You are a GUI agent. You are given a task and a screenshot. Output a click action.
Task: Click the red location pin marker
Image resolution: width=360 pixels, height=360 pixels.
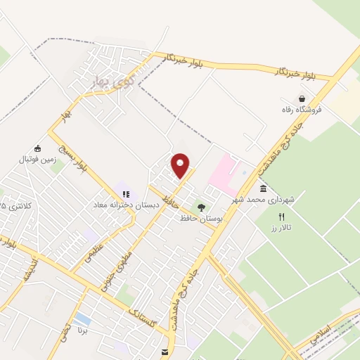(x=181, y=166)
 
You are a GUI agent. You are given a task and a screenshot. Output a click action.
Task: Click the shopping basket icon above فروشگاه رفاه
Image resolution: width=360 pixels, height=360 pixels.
(x=302, y=98)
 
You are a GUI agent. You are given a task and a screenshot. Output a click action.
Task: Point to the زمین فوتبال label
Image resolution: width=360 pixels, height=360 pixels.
(x=37, y=160)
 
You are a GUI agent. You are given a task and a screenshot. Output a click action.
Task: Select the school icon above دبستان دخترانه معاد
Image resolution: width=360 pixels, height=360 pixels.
(x=126, y=194)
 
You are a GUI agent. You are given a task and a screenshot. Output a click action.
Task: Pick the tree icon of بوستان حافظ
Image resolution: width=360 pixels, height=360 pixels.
(x=202, y=208)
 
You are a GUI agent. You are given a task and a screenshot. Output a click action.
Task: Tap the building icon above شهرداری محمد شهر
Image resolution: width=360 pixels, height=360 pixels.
(x=263, y=189)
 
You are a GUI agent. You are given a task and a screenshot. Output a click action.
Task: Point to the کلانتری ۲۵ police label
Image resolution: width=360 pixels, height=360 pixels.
(x=15, y=206)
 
